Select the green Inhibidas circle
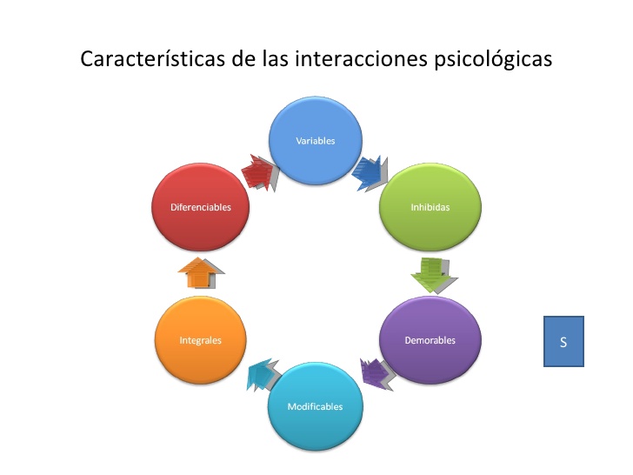coord(430,207)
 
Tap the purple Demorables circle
coord(430,339)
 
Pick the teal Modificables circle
coord(315,405)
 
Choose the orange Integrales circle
coord(201,339)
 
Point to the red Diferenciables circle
coord(199,207)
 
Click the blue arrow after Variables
coord(369,171)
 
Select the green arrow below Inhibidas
coord(433,273)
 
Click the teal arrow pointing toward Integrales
coord(262,375)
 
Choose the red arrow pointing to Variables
coord(260,171)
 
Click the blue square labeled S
coord(563,341)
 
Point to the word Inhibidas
coord(430,208)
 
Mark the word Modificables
coord(315,406)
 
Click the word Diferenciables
coord(199,208)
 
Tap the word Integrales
coord(201,340)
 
